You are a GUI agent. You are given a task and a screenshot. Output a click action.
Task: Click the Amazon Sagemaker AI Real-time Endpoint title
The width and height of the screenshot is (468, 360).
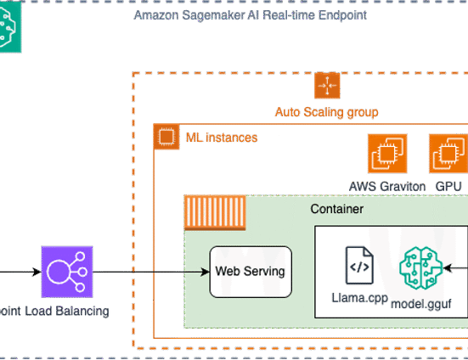[250, 15]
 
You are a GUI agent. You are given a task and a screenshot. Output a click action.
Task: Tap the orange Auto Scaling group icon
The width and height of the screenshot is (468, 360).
[327, 85]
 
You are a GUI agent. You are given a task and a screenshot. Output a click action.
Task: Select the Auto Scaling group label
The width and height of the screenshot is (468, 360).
[326, 112]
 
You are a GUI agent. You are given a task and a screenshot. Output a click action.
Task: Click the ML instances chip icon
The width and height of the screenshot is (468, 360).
[166, 137]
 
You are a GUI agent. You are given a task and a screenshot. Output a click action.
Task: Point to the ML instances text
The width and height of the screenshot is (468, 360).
[222, 138]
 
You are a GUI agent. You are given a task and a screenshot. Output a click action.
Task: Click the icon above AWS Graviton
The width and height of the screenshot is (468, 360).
[387, 154]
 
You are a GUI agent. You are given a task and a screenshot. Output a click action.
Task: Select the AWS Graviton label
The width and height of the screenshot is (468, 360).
[387, 187]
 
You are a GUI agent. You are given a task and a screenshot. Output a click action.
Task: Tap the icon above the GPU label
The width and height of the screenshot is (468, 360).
[448, 154]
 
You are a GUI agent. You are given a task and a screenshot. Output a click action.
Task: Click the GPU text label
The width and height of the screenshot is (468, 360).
[448, 187]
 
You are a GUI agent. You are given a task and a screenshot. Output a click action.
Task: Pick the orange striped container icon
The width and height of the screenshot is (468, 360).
[215, 213]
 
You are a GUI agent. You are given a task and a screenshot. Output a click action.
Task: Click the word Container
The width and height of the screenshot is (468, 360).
[337, 209]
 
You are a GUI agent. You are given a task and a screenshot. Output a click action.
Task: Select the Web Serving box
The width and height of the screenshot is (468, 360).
[251, 272]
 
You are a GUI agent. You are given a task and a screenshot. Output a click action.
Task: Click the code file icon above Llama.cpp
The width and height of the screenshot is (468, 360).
[359, 265]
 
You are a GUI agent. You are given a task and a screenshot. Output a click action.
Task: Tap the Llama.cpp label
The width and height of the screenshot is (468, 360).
[359, 298]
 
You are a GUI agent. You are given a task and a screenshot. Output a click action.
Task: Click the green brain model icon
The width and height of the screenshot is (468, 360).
[420, 267]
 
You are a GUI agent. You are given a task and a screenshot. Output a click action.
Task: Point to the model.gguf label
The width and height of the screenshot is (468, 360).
[420, 304]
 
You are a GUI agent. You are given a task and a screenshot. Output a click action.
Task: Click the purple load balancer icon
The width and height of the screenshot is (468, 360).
[67, 272]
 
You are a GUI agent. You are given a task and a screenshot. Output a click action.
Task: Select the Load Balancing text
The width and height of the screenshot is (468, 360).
[67, 311]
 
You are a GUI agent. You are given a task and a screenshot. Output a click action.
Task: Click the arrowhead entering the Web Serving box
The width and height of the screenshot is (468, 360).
[206, 272]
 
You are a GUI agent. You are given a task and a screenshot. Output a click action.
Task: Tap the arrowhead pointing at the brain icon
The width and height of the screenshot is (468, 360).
[448, 267]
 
